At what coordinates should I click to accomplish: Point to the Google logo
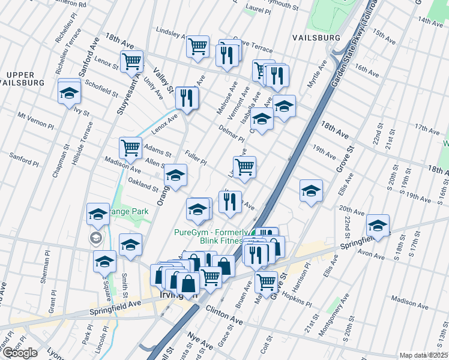pyautogui.click(x=20, y=353)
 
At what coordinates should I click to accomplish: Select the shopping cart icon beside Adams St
pyautogui.click(x=131, y=147)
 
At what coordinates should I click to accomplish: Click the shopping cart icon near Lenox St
pyautogui.click(x=131, y=60)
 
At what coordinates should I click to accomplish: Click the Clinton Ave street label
pyautogui.click(x=224, y=313)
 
